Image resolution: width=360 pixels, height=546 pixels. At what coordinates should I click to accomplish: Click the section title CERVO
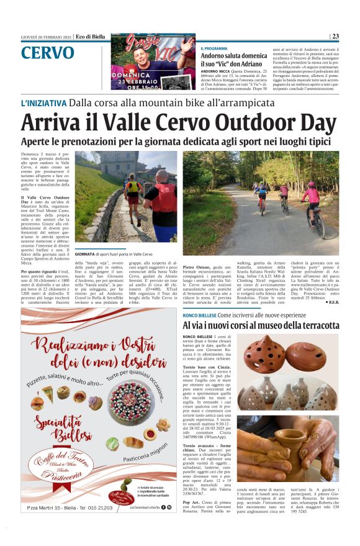tap(47, 53)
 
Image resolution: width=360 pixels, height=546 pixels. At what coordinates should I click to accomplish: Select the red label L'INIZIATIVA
tap(43, 103)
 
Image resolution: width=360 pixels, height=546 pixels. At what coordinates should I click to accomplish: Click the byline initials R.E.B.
tap(333, 302)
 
